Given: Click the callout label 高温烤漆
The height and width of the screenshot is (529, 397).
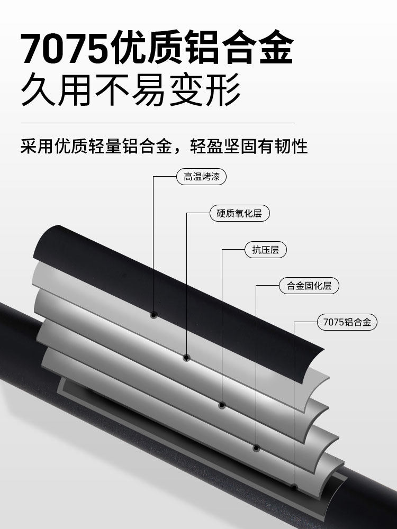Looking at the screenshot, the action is (x=201, y=177).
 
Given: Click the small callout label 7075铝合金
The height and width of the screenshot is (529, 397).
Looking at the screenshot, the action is (x=347, y=322).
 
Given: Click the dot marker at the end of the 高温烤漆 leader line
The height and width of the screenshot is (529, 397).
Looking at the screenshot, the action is (x=154, y=315).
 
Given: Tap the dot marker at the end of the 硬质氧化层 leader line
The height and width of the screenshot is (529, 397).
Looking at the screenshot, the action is (x=187, y=358).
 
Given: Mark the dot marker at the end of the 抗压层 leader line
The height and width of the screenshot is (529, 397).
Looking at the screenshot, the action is (x=222, y=405).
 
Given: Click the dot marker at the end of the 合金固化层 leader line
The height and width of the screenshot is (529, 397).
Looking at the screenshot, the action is (x=257, y=448).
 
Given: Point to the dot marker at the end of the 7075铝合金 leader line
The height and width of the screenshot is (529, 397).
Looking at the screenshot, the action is (x=294, y=487).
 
